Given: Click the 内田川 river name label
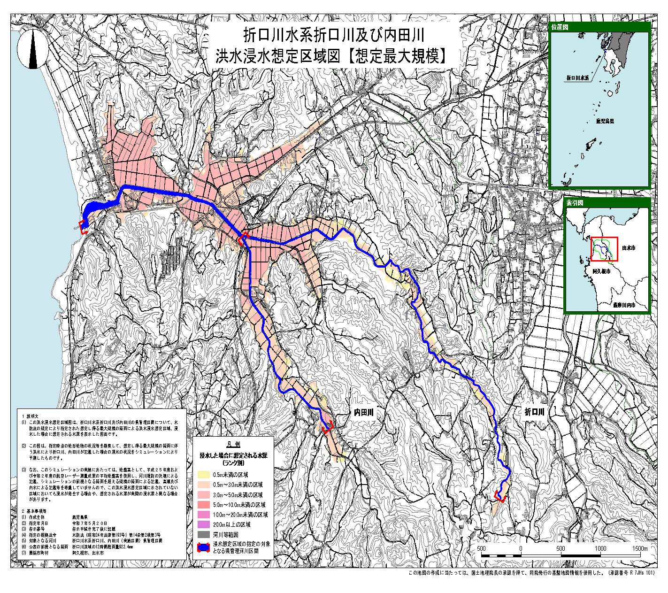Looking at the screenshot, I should tap(363, 413).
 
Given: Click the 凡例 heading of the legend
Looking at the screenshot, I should tap(233, 443).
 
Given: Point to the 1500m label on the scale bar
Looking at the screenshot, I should tap(639, 548).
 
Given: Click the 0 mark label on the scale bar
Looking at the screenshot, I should tap(521, 548).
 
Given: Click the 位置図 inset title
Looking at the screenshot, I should tap(560, 27).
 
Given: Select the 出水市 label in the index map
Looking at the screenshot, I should tap(628, 246).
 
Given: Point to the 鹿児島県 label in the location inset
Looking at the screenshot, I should tap(599, 121).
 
